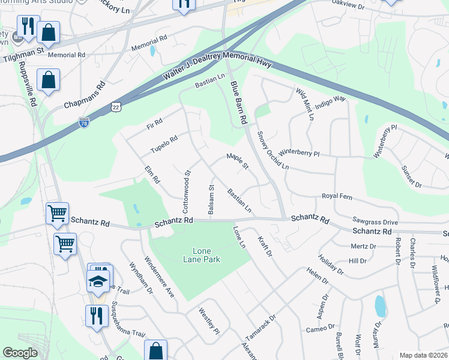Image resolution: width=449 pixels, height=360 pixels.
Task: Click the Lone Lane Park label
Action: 206,255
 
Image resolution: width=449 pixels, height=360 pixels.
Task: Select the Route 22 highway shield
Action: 116,106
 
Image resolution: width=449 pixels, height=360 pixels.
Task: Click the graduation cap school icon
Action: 98,280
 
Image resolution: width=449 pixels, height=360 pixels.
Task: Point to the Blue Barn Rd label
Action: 239,103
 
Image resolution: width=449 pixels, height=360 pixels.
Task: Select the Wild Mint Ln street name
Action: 304,104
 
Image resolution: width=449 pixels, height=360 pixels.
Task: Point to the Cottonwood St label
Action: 186,182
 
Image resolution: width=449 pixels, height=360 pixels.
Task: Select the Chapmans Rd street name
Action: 85,95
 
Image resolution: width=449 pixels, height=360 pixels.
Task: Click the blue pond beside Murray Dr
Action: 380,306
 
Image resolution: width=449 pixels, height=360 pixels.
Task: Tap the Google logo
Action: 20,353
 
